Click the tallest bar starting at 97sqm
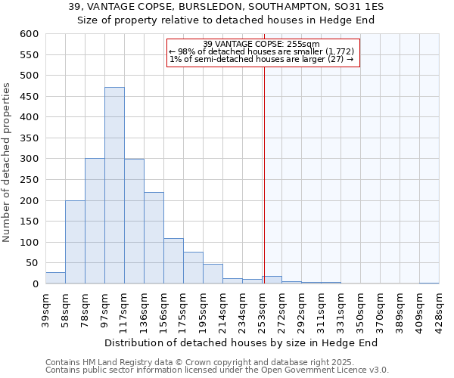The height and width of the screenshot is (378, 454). (x=114, y=185)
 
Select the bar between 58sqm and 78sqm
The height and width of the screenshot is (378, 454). (x=75, y=242)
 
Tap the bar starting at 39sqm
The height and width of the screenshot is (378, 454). (x=55, y=278)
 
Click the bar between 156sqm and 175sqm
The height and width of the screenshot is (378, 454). (x=173, y=262)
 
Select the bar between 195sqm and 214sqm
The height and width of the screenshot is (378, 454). (x=213, y=274)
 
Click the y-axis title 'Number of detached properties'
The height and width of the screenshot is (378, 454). (x=8, y=163)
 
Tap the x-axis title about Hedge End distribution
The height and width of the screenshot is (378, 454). (x=241, y=342)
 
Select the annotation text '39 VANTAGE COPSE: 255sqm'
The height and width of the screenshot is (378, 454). (x=262, y=45)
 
